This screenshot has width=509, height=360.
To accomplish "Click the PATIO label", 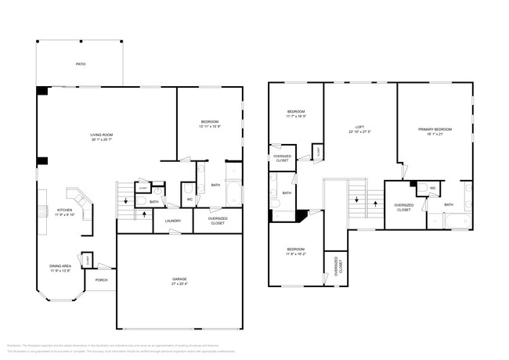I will point(81,64).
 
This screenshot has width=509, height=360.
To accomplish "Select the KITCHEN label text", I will point(64,209).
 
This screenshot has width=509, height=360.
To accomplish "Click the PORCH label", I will point(102,279).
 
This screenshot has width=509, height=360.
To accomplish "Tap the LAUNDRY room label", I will point(173,221).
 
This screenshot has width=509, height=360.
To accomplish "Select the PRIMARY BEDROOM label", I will point(435,128).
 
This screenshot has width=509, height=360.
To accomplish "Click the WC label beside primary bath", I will point(433,188).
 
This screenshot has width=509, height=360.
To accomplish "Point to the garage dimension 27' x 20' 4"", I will point(179,284).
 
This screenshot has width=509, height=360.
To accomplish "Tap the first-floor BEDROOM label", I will point(209,121).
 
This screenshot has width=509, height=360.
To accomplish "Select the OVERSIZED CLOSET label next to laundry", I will point(218,220).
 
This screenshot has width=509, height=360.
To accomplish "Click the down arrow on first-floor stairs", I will point(126,202).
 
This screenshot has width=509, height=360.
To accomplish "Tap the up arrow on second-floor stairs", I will point(357,199).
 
